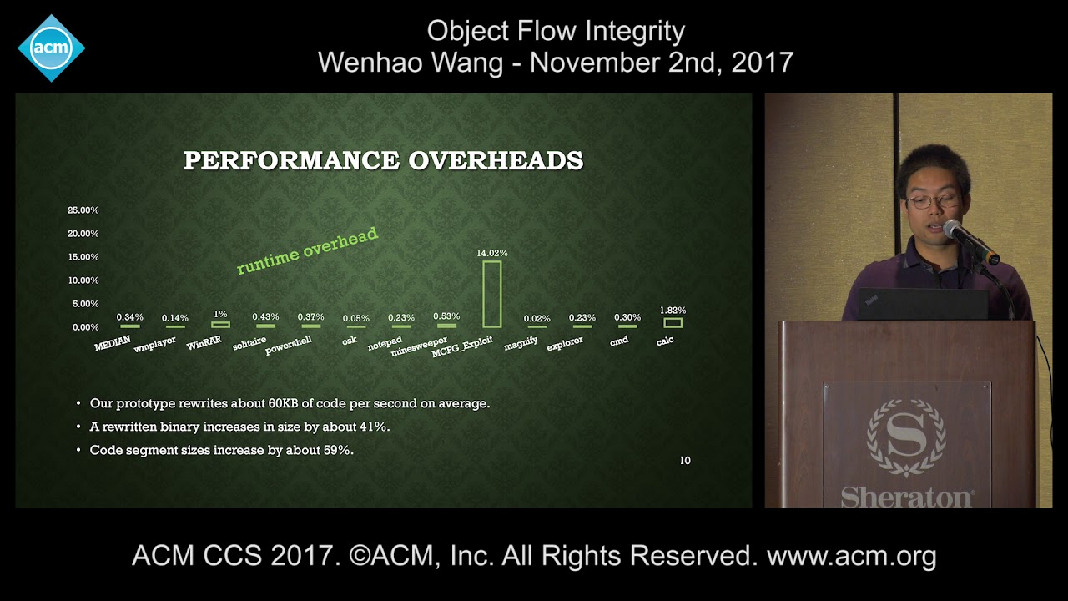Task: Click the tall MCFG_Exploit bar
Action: click(x=492, y=294)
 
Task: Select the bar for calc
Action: click(x=673, y=322)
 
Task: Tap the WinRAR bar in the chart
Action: click(x=220, y=324)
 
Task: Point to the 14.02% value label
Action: click(x=492, y=253)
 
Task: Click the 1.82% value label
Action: click(x=673, y=311)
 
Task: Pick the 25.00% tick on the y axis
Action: click(x=83, y=210)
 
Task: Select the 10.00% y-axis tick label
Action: click(x=83, y=280)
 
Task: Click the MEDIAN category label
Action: click(x=113, y=343)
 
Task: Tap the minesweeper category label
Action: click(x=420, y=346)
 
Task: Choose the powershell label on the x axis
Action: click(x=289, y=346)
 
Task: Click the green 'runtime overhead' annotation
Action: click(x=307, y=251)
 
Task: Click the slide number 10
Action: click(x=685, y=461)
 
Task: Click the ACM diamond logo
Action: click(x=51, y=48)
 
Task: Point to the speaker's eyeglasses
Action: click(x=932, y=201)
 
